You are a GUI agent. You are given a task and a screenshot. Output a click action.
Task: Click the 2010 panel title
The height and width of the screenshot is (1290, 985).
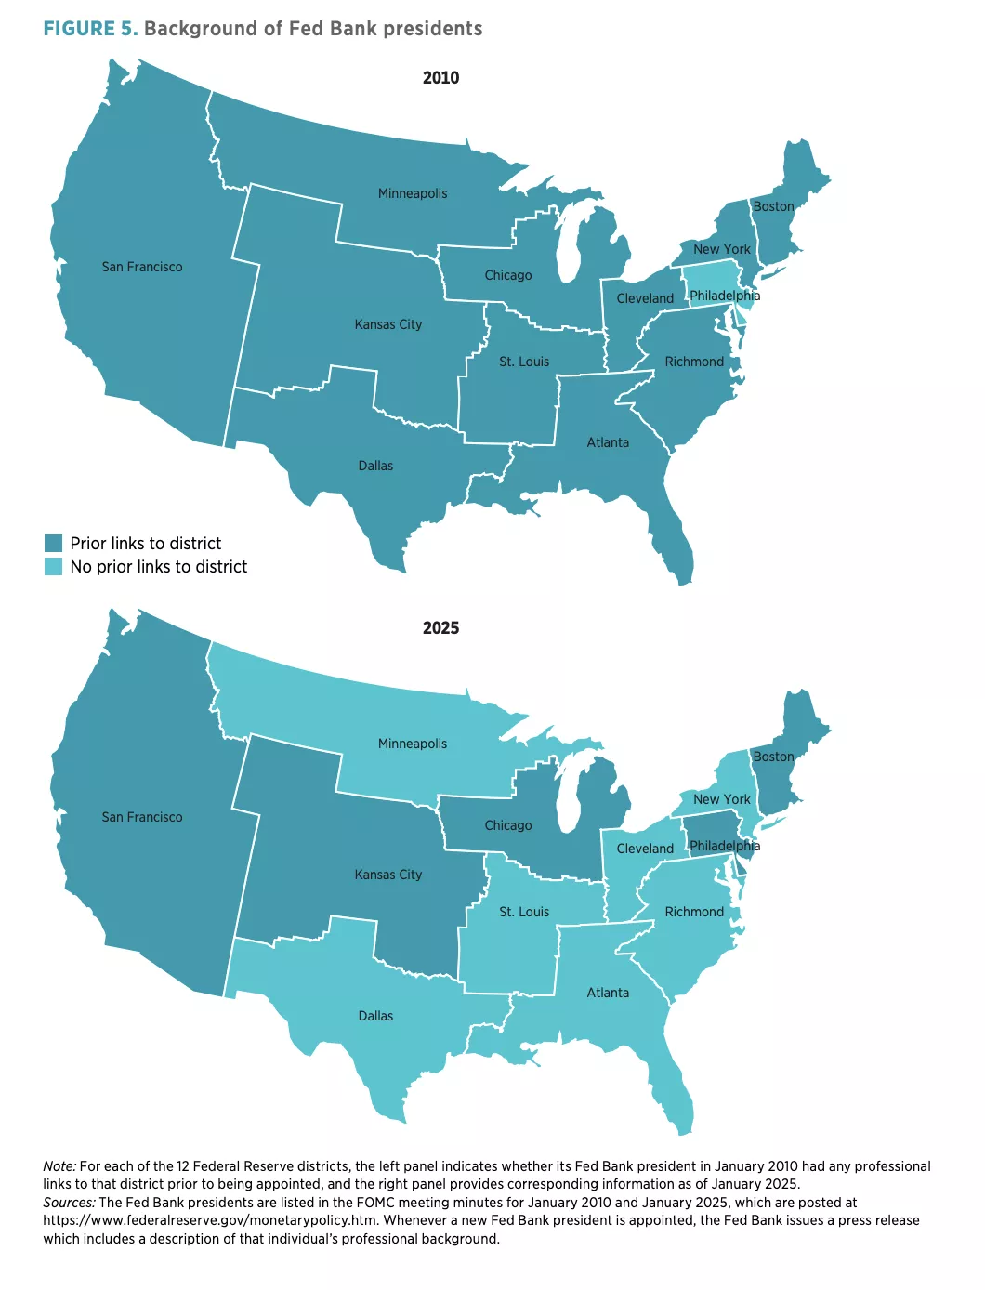click(x=440, y=78)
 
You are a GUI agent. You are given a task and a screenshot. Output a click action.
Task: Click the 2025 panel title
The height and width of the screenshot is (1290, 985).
click(x=440, y=628)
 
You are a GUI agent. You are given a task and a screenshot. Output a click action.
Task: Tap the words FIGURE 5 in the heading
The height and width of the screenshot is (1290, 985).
click(x=90, y=29)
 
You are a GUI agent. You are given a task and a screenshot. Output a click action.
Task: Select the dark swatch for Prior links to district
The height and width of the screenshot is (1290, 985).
click(x=53, y=544)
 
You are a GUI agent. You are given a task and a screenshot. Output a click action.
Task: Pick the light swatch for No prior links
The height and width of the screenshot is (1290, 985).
click(x=53, y=567)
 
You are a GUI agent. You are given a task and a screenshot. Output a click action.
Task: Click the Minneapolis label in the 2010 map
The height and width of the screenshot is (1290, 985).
click(x=413, y=193)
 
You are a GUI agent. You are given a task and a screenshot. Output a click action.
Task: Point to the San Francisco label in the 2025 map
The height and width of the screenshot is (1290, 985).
click(x=142, y=817)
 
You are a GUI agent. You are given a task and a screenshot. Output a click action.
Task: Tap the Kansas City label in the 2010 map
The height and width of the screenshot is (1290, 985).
click(x=388, y=324)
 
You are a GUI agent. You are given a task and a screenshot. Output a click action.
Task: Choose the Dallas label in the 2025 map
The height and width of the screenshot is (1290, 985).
click(x=375, y=1016)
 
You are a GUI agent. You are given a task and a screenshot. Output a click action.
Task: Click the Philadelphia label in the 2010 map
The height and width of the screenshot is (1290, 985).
click(x=724, y=296)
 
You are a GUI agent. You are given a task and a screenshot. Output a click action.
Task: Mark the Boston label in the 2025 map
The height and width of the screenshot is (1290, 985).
click(x=773, y=757)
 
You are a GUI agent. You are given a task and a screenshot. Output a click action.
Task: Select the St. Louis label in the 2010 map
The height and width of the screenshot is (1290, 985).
click(x=524, y=362)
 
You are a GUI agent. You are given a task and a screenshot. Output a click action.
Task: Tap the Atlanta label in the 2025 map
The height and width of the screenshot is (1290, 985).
click(x=608, y=993)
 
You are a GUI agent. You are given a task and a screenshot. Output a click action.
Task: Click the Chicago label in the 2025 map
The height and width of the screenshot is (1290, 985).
click(x=508, y=825)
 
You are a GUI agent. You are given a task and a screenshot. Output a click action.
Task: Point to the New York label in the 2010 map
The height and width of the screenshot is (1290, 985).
click(x=722, y=249)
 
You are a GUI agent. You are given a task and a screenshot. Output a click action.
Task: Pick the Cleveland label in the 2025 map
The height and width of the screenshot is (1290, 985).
click(x=645, y=849)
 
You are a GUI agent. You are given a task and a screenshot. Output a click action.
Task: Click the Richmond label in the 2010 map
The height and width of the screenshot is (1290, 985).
click(x=694, y=362)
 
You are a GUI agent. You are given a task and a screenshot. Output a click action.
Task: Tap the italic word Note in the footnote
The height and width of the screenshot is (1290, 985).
click(x=59, y=1166)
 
